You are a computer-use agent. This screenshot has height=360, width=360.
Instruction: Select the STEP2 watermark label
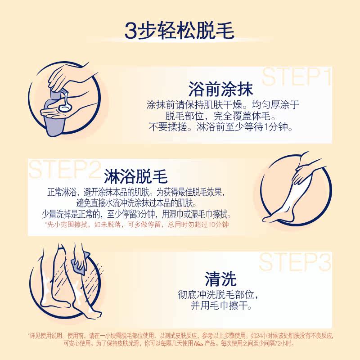tap(63, 169)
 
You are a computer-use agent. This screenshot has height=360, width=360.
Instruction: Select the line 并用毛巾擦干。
tap(220, 306)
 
